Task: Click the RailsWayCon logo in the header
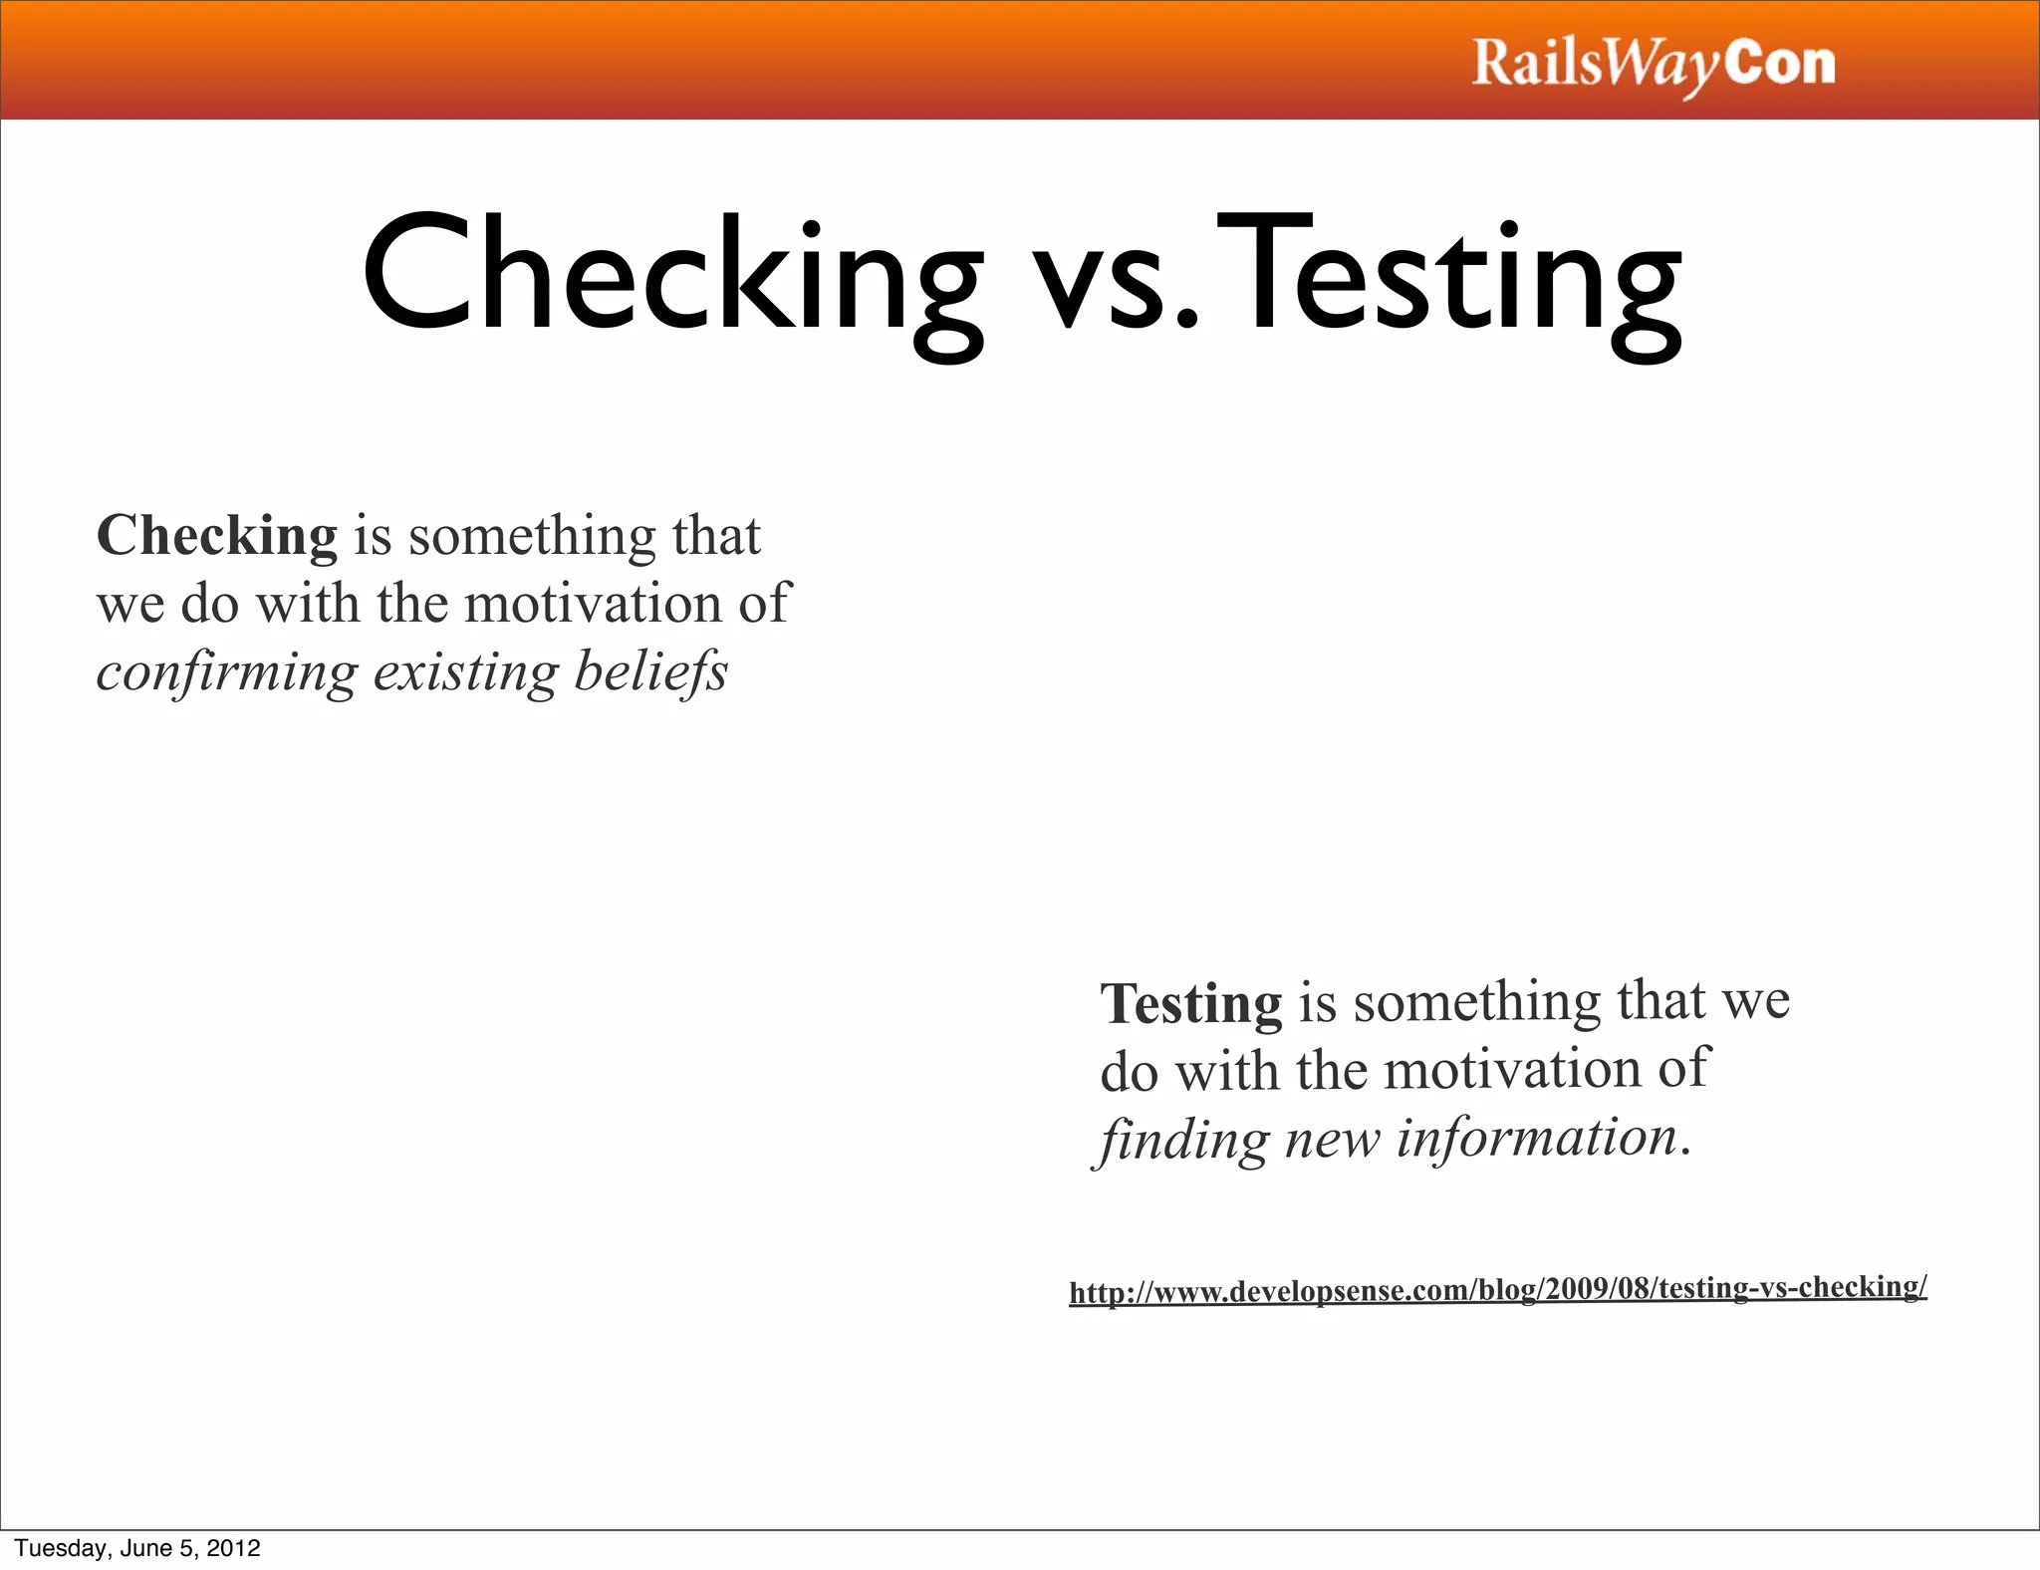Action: pyautogui.click(x=1653, y=65)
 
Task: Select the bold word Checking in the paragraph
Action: pyautogui.click(x=217, y=536)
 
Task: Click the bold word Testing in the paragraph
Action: pyautogui.click(x=1191, y=1003)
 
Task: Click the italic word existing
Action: pyautogui.click(x=465, y=672)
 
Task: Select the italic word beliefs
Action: pyautogui.click(x=651, y=672)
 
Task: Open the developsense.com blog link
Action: pyautogui.click(x=1497, y=1290)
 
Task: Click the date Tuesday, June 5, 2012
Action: pyautogui.click(x=137, y=1548)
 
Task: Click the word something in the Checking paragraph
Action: pyautogui.click(x=532, y=536)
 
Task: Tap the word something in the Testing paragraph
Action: pyautogui.click(x=1476, y=1001)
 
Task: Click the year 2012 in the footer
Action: pyautogui.click(x=233, y=1548)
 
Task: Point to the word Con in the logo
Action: pyautogui.click(x=1780, y=63)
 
